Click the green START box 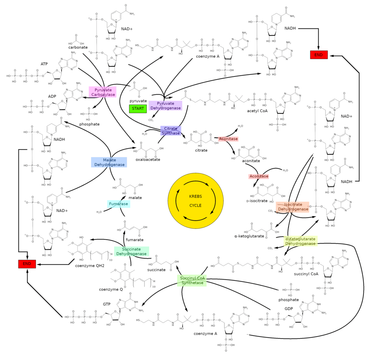138,108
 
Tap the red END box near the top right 319,55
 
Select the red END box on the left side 27,264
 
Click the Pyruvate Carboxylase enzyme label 103,92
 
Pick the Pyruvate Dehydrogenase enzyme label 165,106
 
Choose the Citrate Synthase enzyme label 171,131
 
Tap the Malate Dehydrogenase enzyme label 109,162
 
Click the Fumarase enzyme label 118,204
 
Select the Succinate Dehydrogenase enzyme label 131,251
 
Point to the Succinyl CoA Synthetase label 192,280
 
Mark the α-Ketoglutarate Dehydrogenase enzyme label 301,241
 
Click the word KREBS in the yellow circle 195,196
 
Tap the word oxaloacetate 148,159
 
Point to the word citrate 201,150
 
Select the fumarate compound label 135,240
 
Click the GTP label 106,304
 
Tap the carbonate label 78,48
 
